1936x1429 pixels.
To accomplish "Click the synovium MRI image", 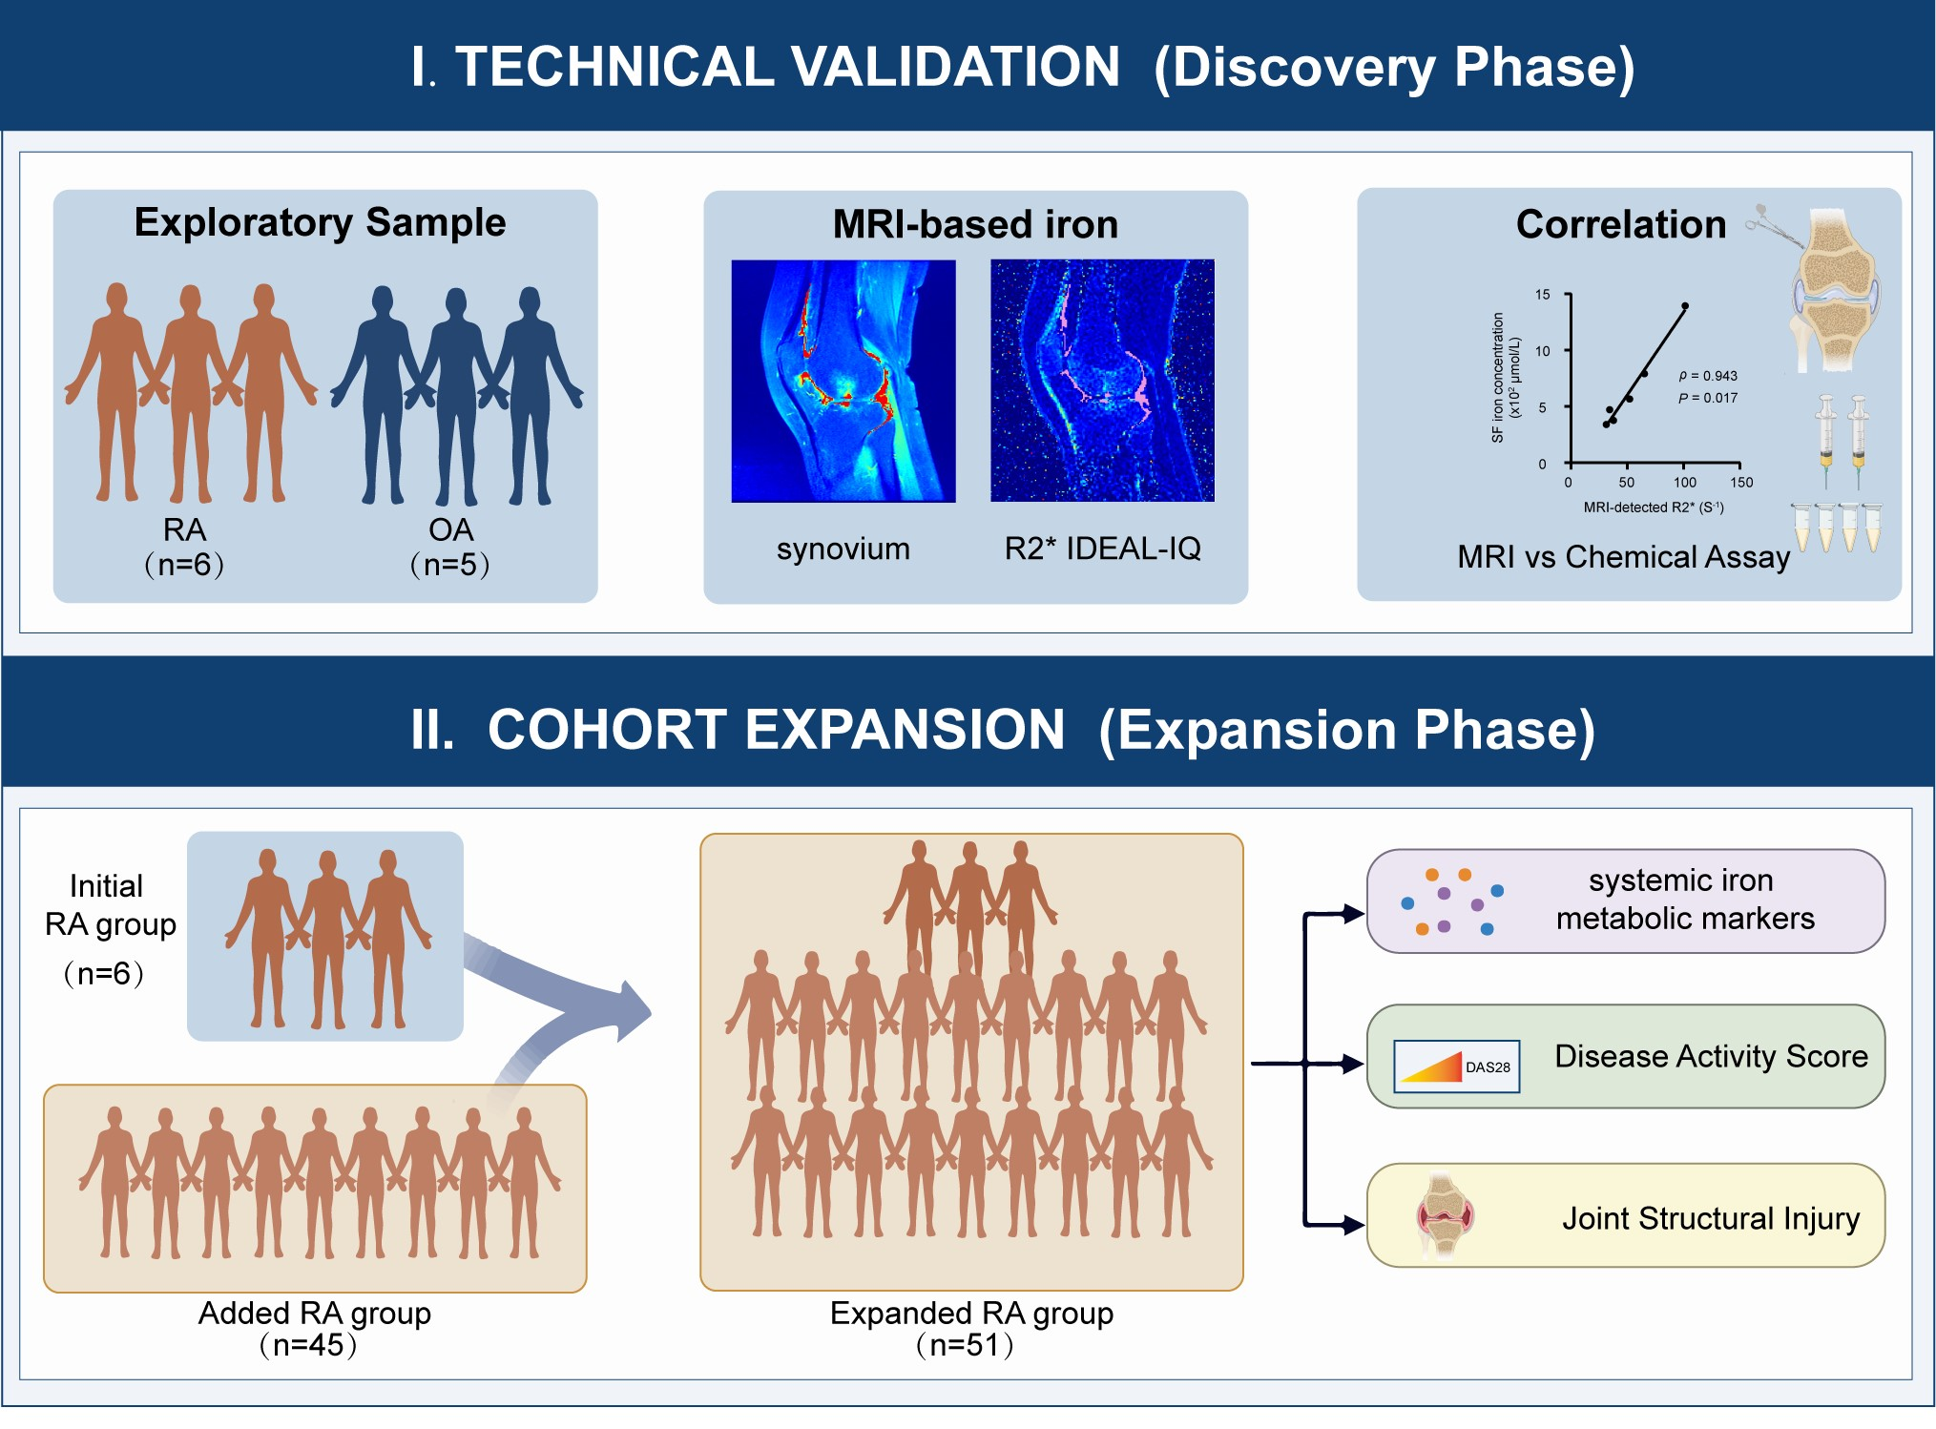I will coord(843,381).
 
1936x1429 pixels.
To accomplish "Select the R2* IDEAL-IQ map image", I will coord(1102,381).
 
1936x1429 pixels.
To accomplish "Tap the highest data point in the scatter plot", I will coord(1685,306).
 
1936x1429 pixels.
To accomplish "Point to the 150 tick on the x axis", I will coord(1741,483).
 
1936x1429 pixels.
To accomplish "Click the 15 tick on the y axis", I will coord(1543,295).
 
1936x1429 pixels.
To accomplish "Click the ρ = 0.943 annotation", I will coord(1708,376).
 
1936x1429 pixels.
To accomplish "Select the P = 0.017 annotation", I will coord(1708,398).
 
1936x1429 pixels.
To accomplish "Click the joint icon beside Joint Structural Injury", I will coord(1445,1216).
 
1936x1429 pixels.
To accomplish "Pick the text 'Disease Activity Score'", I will coord(1711,1056).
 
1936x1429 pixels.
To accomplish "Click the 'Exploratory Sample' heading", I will coord(320,222).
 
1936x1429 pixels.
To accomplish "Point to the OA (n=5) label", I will coord(450,547).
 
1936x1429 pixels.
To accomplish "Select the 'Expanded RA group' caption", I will coord(971,1314).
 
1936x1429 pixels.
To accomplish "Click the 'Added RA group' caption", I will coord(314,1314).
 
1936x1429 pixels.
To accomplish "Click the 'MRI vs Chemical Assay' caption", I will coord(1623,556).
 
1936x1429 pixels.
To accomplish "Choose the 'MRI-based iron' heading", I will coord(974,224).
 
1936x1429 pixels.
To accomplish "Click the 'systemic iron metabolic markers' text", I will coord(1684,899).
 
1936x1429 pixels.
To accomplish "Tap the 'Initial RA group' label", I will coord(109,905).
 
